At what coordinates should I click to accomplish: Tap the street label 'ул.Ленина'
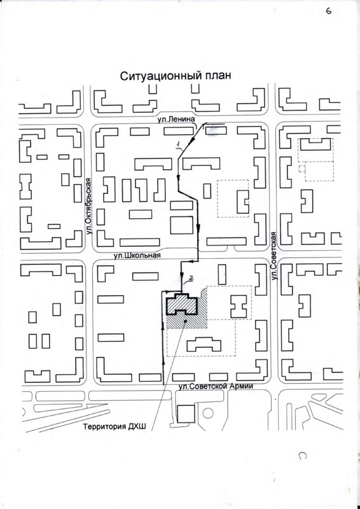click(x=176, y=120)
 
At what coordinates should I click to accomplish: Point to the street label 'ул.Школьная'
click(x=137, y=255)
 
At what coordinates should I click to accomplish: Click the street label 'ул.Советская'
click(x=274, y=256)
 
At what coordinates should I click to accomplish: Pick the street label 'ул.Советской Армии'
click(x=216, y=386)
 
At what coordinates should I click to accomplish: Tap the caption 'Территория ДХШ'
click(x=115, y=427)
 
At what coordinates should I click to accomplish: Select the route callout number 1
click(x=178, y=145)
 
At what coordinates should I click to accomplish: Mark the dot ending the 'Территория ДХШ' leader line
click(x=185, y=321)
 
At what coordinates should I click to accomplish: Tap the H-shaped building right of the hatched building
click(x=239, y=307)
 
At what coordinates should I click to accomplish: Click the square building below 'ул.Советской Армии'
click(x=186, y=414)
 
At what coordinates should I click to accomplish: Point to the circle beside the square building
click(x=208, y=413)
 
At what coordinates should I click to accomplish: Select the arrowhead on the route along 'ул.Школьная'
click(x=192, y=261)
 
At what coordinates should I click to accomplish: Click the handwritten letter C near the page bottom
click(x=302, y=456)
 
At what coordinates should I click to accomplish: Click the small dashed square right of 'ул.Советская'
click(x=302, y=168)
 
